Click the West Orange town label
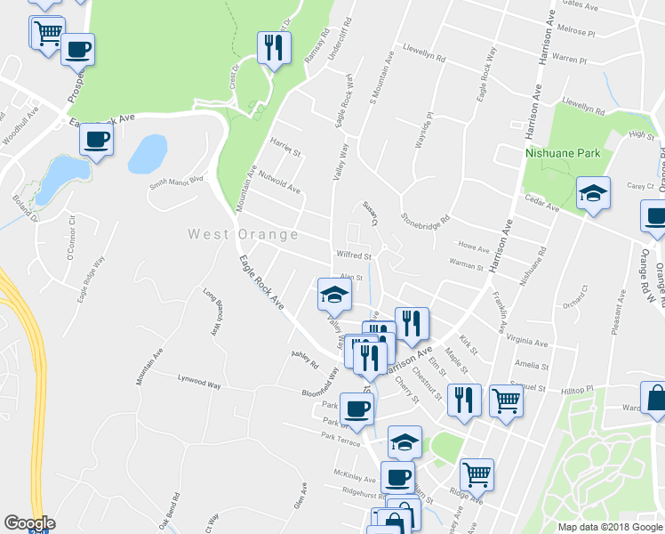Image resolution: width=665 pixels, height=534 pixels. point(243,234)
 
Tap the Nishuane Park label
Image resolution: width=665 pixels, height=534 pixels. point(562,153)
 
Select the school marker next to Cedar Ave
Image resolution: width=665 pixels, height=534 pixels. point(593,193)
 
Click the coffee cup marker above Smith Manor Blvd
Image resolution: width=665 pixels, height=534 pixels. point(96,139)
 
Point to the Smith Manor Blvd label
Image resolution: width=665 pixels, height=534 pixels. point(176,182)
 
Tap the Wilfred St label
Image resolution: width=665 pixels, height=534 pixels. point(354,255)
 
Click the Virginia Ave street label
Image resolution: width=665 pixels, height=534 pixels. point(526,340)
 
